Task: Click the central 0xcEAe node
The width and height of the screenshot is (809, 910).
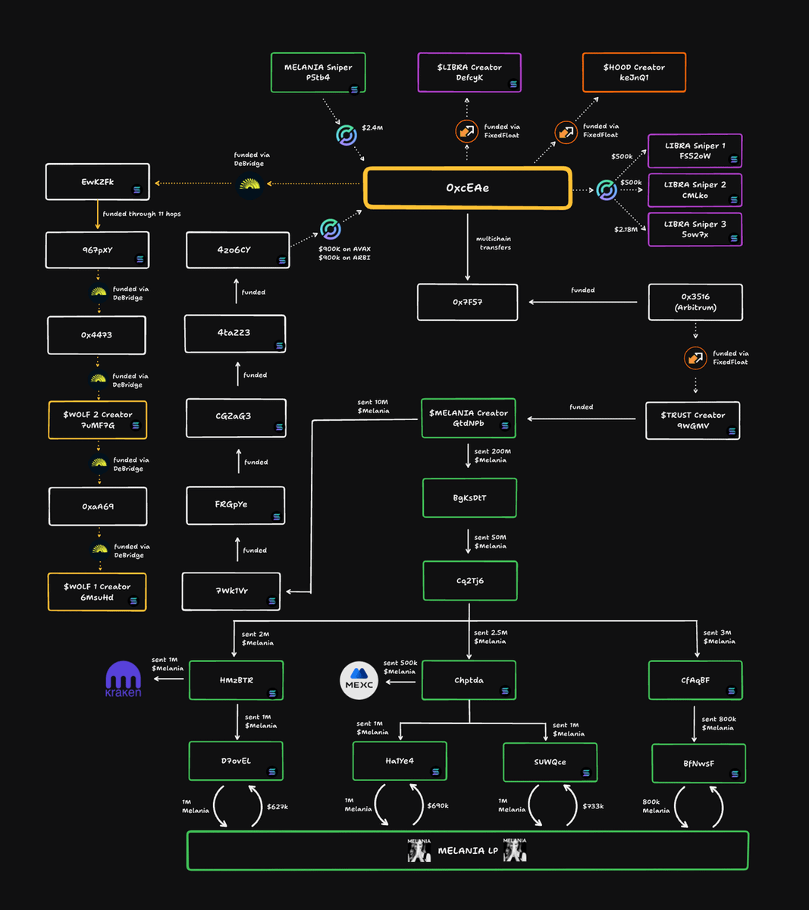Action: [x=467, y=188]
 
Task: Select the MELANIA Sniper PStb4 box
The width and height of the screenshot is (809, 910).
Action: [x=318, y=73]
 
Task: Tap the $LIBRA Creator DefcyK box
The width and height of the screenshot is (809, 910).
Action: [x=469, y=73]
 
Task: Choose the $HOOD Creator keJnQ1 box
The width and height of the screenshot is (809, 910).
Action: [x=634, y=73]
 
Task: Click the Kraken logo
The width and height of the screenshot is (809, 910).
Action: [x=123, y=679]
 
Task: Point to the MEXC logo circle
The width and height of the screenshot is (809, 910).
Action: [x=359, y=680]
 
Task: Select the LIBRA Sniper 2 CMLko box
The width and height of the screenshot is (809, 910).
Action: [x=695, y=190]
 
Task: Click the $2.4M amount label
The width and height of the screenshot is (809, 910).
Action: [x=372, y=127]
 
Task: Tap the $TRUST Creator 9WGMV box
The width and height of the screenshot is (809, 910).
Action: [x=692, y=421]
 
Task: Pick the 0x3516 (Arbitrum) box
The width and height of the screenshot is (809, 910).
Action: [x=695, y=303]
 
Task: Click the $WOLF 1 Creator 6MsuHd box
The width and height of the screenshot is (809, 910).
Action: [x=97, y=592]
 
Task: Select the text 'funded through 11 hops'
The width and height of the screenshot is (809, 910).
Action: [x=142, y=214]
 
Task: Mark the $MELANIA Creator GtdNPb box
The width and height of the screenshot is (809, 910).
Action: [x=469, y=419]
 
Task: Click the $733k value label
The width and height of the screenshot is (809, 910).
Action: [x=593, y=806]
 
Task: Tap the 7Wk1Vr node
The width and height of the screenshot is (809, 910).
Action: [x=231, y=591]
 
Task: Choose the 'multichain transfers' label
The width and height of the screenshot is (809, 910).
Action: [x=494, y=243]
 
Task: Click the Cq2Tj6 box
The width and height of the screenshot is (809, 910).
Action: [x=469, y=581]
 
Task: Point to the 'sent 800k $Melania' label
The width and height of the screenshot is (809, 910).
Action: [x=719, y=723]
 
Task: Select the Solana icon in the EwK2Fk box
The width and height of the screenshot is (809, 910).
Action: [x=137, y=190]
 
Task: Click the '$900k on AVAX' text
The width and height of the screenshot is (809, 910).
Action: [x=344, y=249]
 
